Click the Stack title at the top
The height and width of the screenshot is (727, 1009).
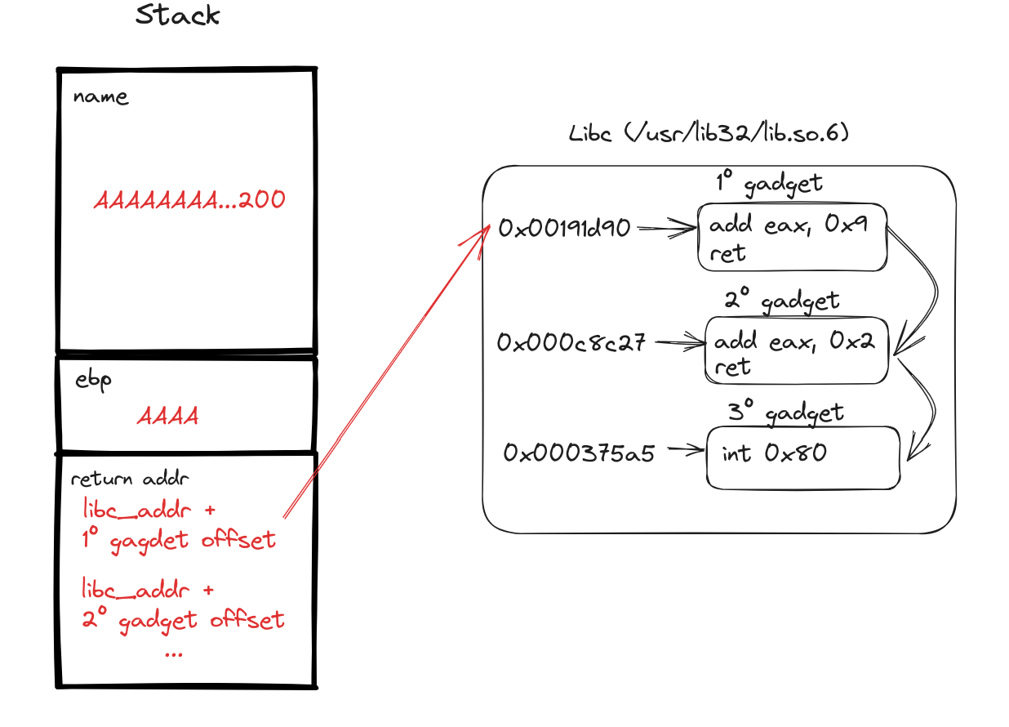[x=178, y=15]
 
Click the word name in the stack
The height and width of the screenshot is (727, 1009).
[x=100, y=97]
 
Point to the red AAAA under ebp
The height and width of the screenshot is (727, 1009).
[x=168, y=416]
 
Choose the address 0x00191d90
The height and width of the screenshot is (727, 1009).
[x=565, y=229]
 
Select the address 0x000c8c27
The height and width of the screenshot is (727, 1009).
[x=571, y=343]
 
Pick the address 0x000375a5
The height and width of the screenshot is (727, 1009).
[x=579, y=453]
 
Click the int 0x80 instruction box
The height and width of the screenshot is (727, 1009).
[x=802, y=457]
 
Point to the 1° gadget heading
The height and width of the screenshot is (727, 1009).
[x=769, y=183]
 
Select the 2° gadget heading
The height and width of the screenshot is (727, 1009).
[x=782, y=301]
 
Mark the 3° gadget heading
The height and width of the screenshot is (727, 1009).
[x=785, y=413]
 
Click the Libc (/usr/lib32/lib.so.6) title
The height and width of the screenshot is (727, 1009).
[x=709, y=132]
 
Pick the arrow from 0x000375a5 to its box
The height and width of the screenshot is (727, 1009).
[x=684, y=449]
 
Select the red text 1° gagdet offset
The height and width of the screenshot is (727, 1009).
[x=180, y=540]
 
